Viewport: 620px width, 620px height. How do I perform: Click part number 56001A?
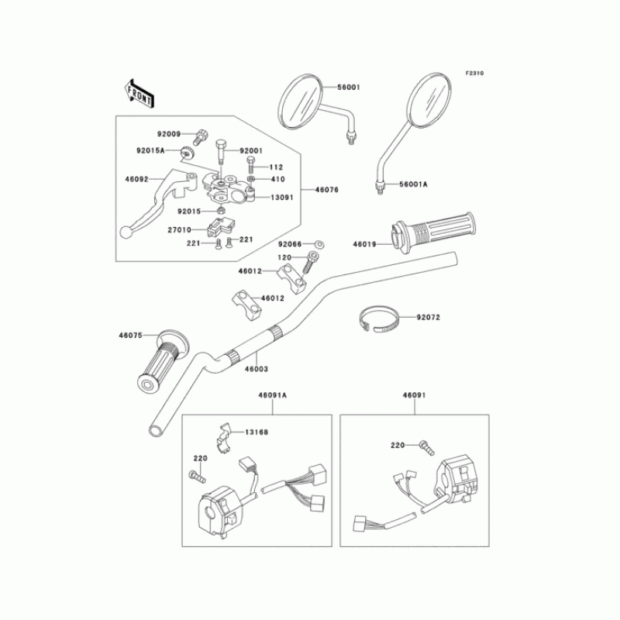point(413,184)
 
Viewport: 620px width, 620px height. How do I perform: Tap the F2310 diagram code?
point(474,73)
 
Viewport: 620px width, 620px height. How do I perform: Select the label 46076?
point(326,190)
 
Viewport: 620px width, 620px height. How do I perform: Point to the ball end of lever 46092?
point(126,232)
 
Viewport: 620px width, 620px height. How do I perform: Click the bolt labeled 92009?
point(201,136)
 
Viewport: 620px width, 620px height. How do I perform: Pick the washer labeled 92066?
point(320,244)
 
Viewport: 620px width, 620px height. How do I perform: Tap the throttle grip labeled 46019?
point(433,233)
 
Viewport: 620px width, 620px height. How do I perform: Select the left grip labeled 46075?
point(162,360)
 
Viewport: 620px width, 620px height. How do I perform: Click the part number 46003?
point(257,370)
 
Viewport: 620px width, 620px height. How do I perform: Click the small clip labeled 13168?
point(223,437)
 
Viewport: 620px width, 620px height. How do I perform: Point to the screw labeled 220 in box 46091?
point(427,448)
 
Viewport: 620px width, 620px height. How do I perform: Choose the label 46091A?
point(273,395)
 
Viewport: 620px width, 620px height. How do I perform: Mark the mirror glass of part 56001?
point(300,102)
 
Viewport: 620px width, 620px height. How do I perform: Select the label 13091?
point(282,198)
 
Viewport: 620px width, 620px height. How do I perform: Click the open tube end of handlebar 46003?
point(156,430)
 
